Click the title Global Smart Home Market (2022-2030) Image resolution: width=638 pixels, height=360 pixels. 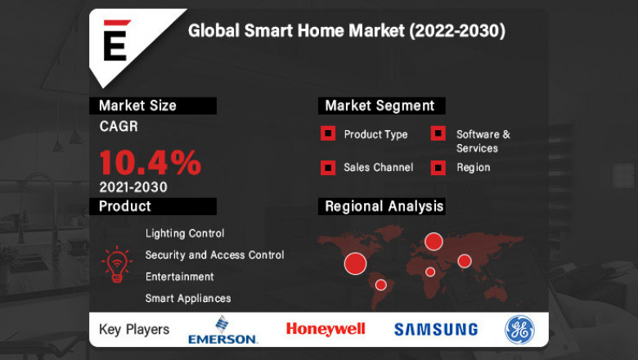pyautogui.click(x=347, y=31)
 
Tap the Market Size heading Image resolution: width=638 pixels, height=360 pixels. pyautogui.click(x=137, y=106)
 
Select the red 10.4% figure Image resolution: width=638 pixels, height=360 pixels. pyautogui.click(x=150, y=162)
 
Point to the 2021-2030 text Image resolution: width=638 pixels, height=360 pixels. pyautogui.click(x=133, y=187)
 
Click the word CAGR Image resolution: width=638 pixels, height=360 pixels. pyautogui.click(x=119, y=127)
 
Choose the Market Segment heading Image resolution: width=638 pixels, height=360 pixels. pyautogui.click(x=380, y=106)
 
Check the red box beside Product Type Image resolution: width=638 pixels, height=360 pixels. pyautogui.click(x=328, y=134)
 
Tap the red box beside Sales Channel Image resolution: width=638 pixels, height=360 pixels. pyautogui.click(x=328, y=168)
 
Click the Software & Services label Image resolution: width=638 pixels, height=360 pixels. pyautogui.click(x=483, y=141)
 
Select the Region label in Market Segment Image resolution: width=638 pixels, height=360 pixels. pyautogui.click(x=473, y=167)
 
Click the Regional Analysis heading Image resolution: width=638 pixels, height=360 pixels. pyautogui.click(x=384, y=206)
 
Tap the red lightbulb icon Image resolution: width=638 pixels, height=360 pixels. pyautogui.click(x=116, y=263)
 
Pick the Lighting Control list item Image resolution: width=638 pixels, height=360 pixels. pyautogui.click(x=185, y=233)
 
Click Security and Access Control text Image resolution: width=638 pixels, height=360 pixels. pyautogui.click(x=214, y=255)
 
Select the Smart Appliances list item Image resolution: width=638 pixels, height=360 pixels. pyautogui.click(x=188, y=299)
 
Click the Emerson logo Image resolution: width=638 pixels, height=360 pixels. pyautogui.click(x=222, y=330)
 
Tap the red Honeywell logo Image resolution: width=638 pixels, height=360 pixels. pyautogui.click(x=326, y=329)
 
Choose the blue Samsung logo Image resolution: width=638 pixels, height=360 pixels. pyautogui.click(x=436, y=330)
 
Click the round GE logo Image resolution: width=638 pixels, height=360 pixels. pyautogui.click(x=520, y=329)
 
